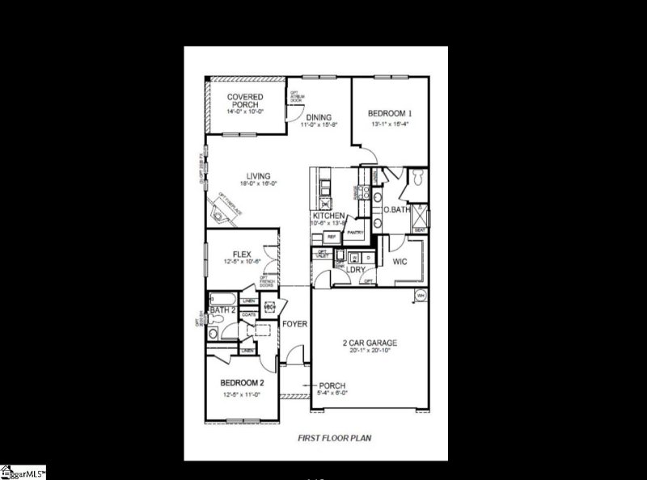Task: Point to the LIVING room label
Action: (x=259, y=176)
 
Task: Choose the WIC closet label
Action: (x=400, y=262)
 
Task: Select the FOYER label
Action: (x=294, y=324)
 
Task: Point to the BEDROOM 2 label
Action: (x=242, y=382)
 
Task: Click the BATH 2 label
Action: (x=222, y=309)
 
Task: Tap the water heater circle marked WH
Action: (x=420, y=296)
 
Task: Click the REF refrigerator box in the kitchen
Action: (x=331, y=237)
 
